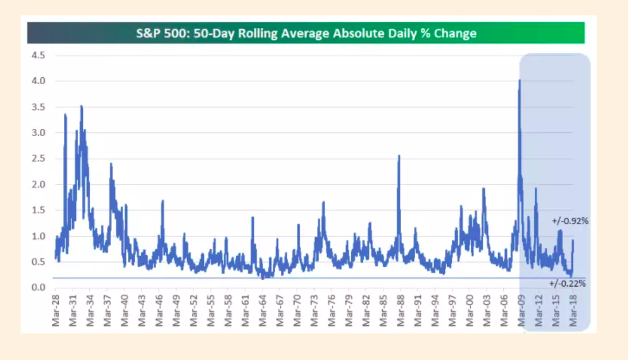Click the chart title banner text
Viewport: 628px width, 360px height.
click(x=306, y=33)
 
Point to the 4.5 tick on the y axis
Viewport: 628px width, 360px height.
click(x=38, y=56)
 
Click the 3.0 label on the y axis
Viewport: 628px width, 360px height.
click(x=38, y=133)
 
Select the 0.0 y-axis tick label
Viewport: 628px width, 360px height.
click(x=38, y=287)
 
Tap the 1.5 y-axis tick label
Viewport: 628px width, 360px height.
click(x=38, y=210)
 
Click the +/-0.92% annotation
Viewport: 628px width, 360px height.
click(x=570, y=221)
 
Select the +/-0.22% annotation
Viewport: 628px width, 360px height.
click(x=567, y=283)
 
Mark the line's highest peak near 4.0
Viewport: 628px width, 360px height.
click(x=519, y=81)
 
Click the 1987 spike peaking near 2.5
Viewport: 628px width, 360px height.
click(x=399, y=156)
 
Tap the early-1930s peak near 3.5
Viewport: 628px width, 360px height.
click(x=81, y=106)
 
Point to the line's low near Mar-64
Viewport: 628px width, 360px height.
click(x=263, y=278)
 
